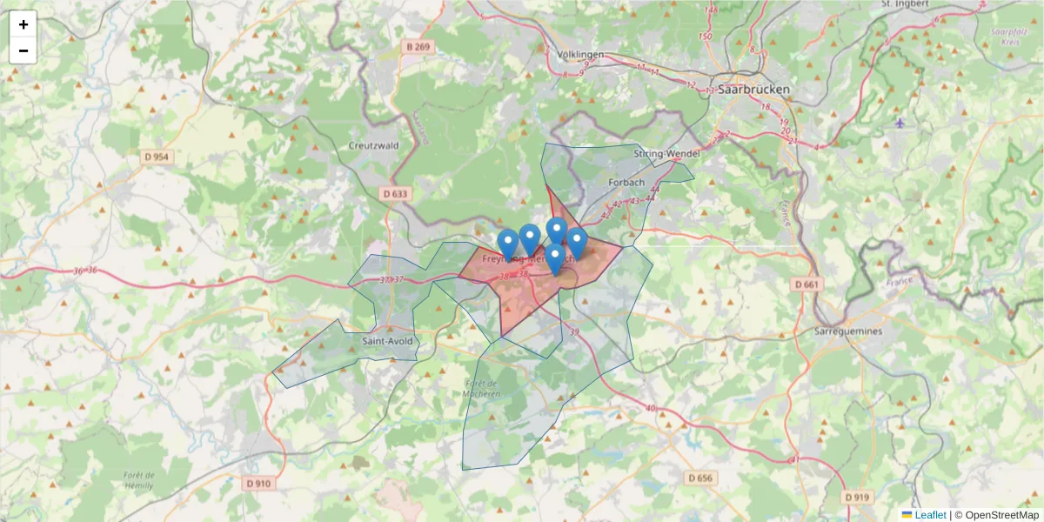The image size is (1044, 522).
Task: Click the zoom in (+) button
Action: (x=23, y=24)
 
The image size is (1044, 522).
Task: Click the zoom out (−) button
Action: (x=23, y=50)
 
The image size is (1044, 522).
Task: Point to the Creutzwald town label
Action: (x=373, y=145)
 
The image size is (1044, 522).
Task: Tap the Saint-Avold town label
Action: (x=387, y=341)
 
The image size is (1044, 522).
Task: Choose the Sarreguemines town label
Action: (x=848, y=331)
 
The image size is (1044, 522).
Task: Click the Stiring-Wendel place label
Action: (x=666, y=155)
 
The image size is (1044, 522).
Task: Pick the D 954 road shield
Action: (x=156, y=157)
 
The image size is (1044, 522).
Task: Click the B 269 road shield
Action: (x=418, y=46)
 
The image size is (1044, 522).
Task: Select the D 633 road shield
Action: (x=394, y=193)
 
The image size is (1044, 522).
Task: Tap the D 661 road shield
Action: (x=807, y=284)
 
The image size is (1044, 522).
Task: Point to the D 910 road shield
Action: (x=258, y=483)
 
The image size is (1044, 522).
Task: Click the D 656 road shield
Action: (x=699, y=478)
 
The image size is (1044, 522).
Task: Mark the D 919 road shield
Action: (x=856, y=497)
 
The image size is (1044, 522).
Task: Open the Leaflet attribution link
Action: (x=929, y=515)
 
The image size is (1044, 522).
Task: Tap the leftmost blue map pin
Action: (x=508, y=243)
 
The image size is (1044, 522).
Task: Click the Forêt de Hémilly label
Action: (x=139, y=480)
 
